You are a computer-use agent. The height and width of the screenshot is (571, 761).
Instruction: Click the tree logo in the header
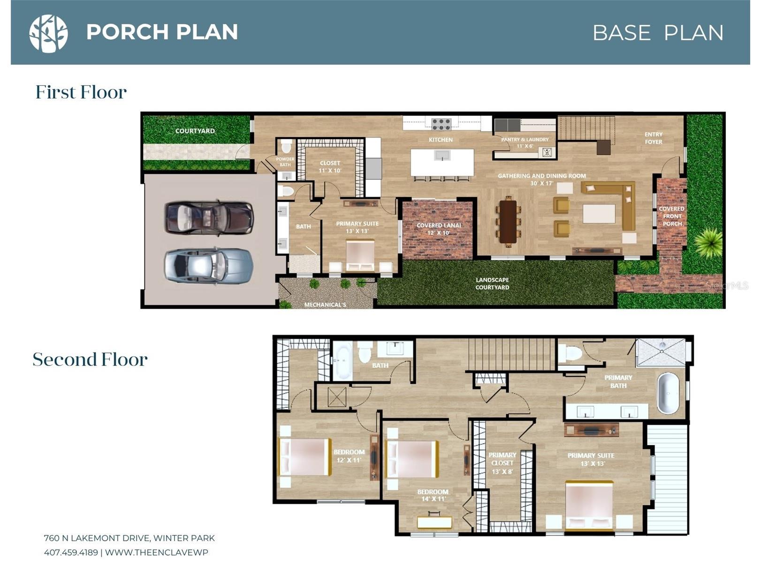pyautogui.click(x=48, y=34)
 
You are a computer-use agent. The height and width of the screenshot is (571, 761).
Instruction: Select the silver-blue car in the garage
pyautogui.click(x=209, y=266)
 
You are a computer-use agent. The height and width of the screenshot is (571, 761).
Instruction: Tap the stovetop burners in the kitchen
pyautogui.click(x=441, y=124)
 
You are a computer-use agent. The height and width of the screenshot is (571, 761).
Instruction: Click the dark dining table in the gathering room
pyautogui.click(x=508, y=222)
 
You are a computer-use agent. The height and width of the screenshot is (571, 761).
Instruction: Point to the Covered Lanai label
pyautogui.click(x=439, y=229)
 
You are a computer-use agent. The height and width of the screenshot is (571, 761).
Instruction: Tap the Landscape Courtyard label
pyautogui.click(x=492, y=283)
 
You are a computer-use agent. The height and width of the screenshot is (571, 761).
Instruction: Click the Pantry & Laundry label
pyautogui.click(x=525, y=143)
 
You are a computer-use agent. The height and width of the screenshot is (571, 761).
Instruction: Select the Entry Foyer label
pyautogui.click(x=654, y=138)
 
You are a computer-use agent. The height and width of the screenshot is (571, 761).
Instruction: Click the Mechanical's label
pyautogui.click(x=325, y=305)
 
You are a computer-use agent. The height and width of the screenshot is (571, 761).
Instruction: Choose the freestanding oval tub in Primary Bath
pyautogui.click(x=668, y=393)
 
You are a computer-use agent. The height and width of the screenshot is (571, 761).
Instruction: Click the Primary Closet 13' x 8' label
pyautogui.click(x=502, y=463)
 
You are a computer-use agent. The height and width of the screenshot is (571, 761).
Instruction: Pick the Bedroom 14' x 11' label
pyautogui.click(x=433, y=495)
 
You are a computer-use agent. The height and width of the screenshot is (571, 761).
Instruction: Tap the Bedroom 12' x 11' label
pyautogui.click(x=349, y=456)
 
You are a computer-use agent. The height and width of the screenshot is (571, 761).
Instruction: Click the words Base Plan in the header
pyautogui.click(x=658, y=33)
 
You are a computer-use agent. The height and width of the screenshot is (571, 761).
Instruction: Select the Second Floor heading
pyautogui.click(x=90, y=359)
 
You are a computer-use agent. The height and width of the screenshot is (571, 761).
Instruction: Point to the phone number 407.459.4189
pyautogui.click(x=71, y=553)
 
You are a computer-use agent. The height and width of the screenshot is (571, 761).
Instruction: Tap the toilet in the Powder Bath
pyautogui.click(x=286, y=147)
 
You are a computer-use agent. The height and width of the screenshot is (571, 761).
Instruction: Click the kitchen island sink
pyautogui.click(x=442, y=155)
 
